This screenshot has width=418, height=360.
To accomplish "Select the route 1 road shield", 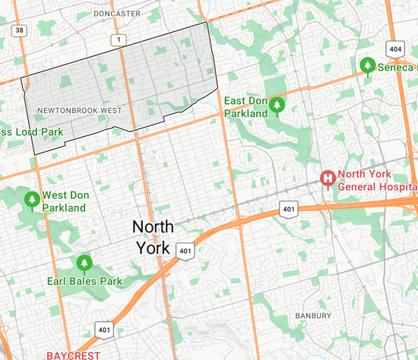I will (118, 39).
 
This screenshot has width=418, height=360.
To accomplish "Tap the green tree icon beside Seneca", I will (367, 66).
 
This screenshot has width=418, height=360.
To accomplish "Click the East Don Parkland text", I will (245, 107).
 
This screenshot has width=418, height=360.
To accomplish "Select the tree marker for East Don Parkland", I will (277, 106).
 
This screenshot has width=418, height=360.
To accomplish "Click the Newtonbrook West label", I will (78, 111).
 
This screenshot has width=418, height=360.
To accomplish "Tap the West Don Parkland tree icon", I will (32, 200).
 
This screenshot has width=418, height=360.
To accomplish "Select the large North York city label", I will (153, 237).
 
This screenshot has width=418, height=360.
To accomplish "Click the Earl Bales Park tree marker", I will (84, 264).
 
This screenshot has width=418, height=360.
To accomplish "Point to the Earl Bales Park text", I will (84, 282).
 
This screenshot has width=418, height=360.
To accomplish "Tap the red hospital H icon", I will (328, 178).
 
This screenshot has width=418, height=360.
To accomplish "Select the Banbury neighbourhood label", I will (314, 315).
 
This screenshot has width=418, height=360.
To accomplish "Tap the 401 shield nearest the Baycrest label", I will (105, 329).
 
